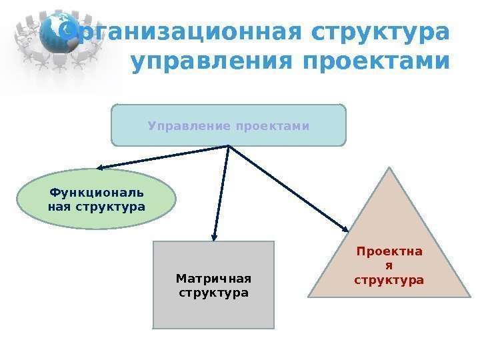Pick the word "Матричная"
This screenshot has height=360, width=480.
pyautogui.click(x=213, y=278)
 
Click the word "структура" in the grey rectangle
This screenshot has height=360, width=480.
pyautogui.click(x=213, y=293)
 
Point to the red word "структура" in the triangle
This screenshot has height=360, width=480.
pyautogui.click(x=389, y=280)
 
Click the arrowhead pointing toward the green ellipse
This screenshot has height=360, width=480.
pyautogui.click(x=99, y=169)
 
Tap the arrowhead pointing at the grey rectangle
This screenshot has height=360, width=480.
pyautogui.click(x=213, y=235)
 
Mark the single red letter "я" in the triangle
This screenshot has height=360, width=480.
pyautogui.click(x=389, y=266)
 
